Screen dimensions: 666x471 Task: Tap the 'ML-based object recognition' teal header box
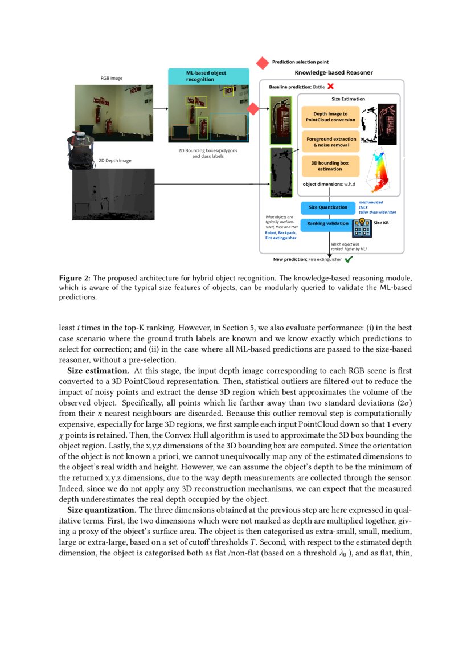(x=208, y=76)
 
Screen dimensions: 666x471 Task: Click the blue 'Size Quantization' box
(x=328, y=207)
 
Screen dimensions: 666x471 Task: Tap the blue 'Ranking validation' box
(x=327, y=223)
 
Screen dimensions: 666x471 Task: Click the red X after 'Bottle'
(x=330, y=87)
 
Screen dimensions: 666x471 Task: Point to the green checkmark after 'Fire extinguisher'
(x=349, y=259)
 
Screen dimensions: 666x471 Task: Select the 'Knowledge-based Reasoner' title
(x=333, y=72)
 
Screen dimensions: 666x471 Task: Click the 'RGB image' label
(x=112, y=78)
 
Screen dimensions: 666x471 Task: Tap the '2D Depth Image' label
(x=115, y=161)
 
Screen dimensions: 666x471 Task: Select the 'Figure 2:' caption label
(x=75, y=278)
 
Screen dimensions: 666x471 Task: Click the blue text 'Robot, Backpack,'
(x=281, y=232)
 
